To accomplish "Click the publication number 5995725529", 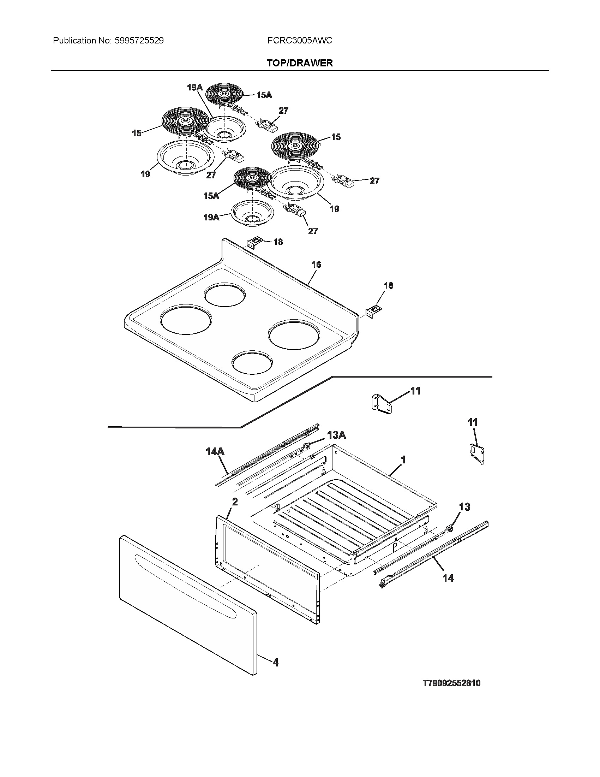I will [139, 41].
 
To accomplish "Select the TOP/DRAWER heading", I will [300, 63].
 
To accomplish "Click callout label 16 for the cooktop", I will [316, 264].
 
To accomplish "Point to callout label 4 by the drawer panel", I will [276, 662].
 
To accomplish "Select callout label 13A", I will [336, 435].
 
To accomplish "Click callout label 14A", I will [215, 452].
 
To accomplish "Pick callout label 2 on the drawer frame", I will [235, 502].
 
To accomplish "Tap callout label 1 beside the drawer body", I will [403, 460].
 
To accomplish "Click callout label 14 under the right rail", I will [448, 578].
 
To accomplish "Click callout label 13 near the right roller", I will [464, 506].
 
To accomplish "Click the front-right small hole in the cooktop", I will [252, 363].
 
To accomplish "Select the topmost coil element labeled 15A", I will [224, 94].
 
